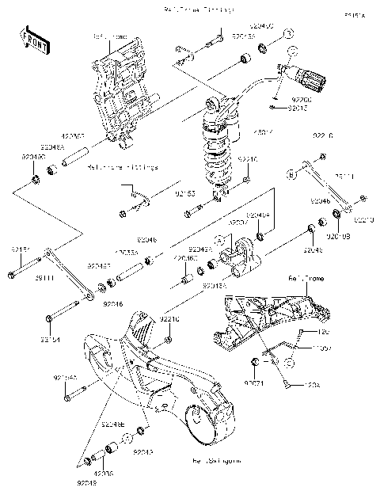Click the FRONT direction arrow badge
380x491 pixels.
coord(31,40)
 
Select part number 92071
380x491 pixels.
coord(253,383)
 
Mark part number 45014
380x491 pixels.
coord(263,132)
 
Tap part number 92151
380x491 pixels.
coord(20,249)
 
